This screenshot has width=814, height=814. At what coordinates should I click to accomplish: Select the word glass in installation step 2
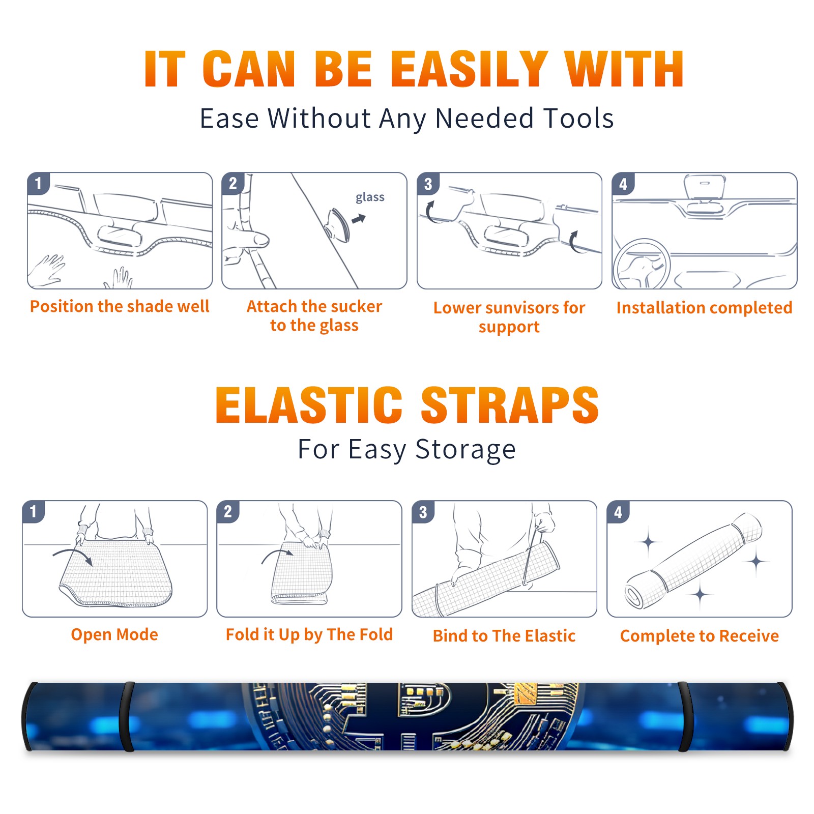coord(370,197)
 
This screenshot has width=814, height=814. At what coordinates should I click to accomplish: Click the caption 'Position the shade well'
coord(120,306)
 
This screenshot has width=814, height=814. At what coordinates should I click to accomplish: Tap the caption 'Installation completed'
coord(704,307)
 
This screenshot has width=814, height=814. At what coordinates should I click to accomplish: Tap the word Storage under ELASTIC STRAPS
coord(466,450)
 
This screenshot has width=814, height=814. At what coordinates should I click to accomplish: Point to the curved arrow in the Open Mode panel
coord(73,555)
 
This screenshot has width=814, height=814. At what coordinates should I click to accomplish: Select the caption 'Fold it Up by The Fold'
coord(309,634)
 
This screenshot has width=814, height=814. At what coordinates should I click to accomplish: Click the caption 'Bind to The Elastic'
coord(504,636)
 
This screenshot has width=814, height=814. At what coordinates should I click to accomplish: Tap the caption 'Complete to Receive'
coord(700,636)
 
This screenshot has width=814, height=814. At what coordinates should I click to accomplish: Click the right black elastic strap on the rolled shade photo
coord(683,717)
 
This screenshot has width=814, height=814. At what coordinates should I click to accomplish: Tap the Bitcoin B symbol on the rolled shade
coord(425,716)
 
